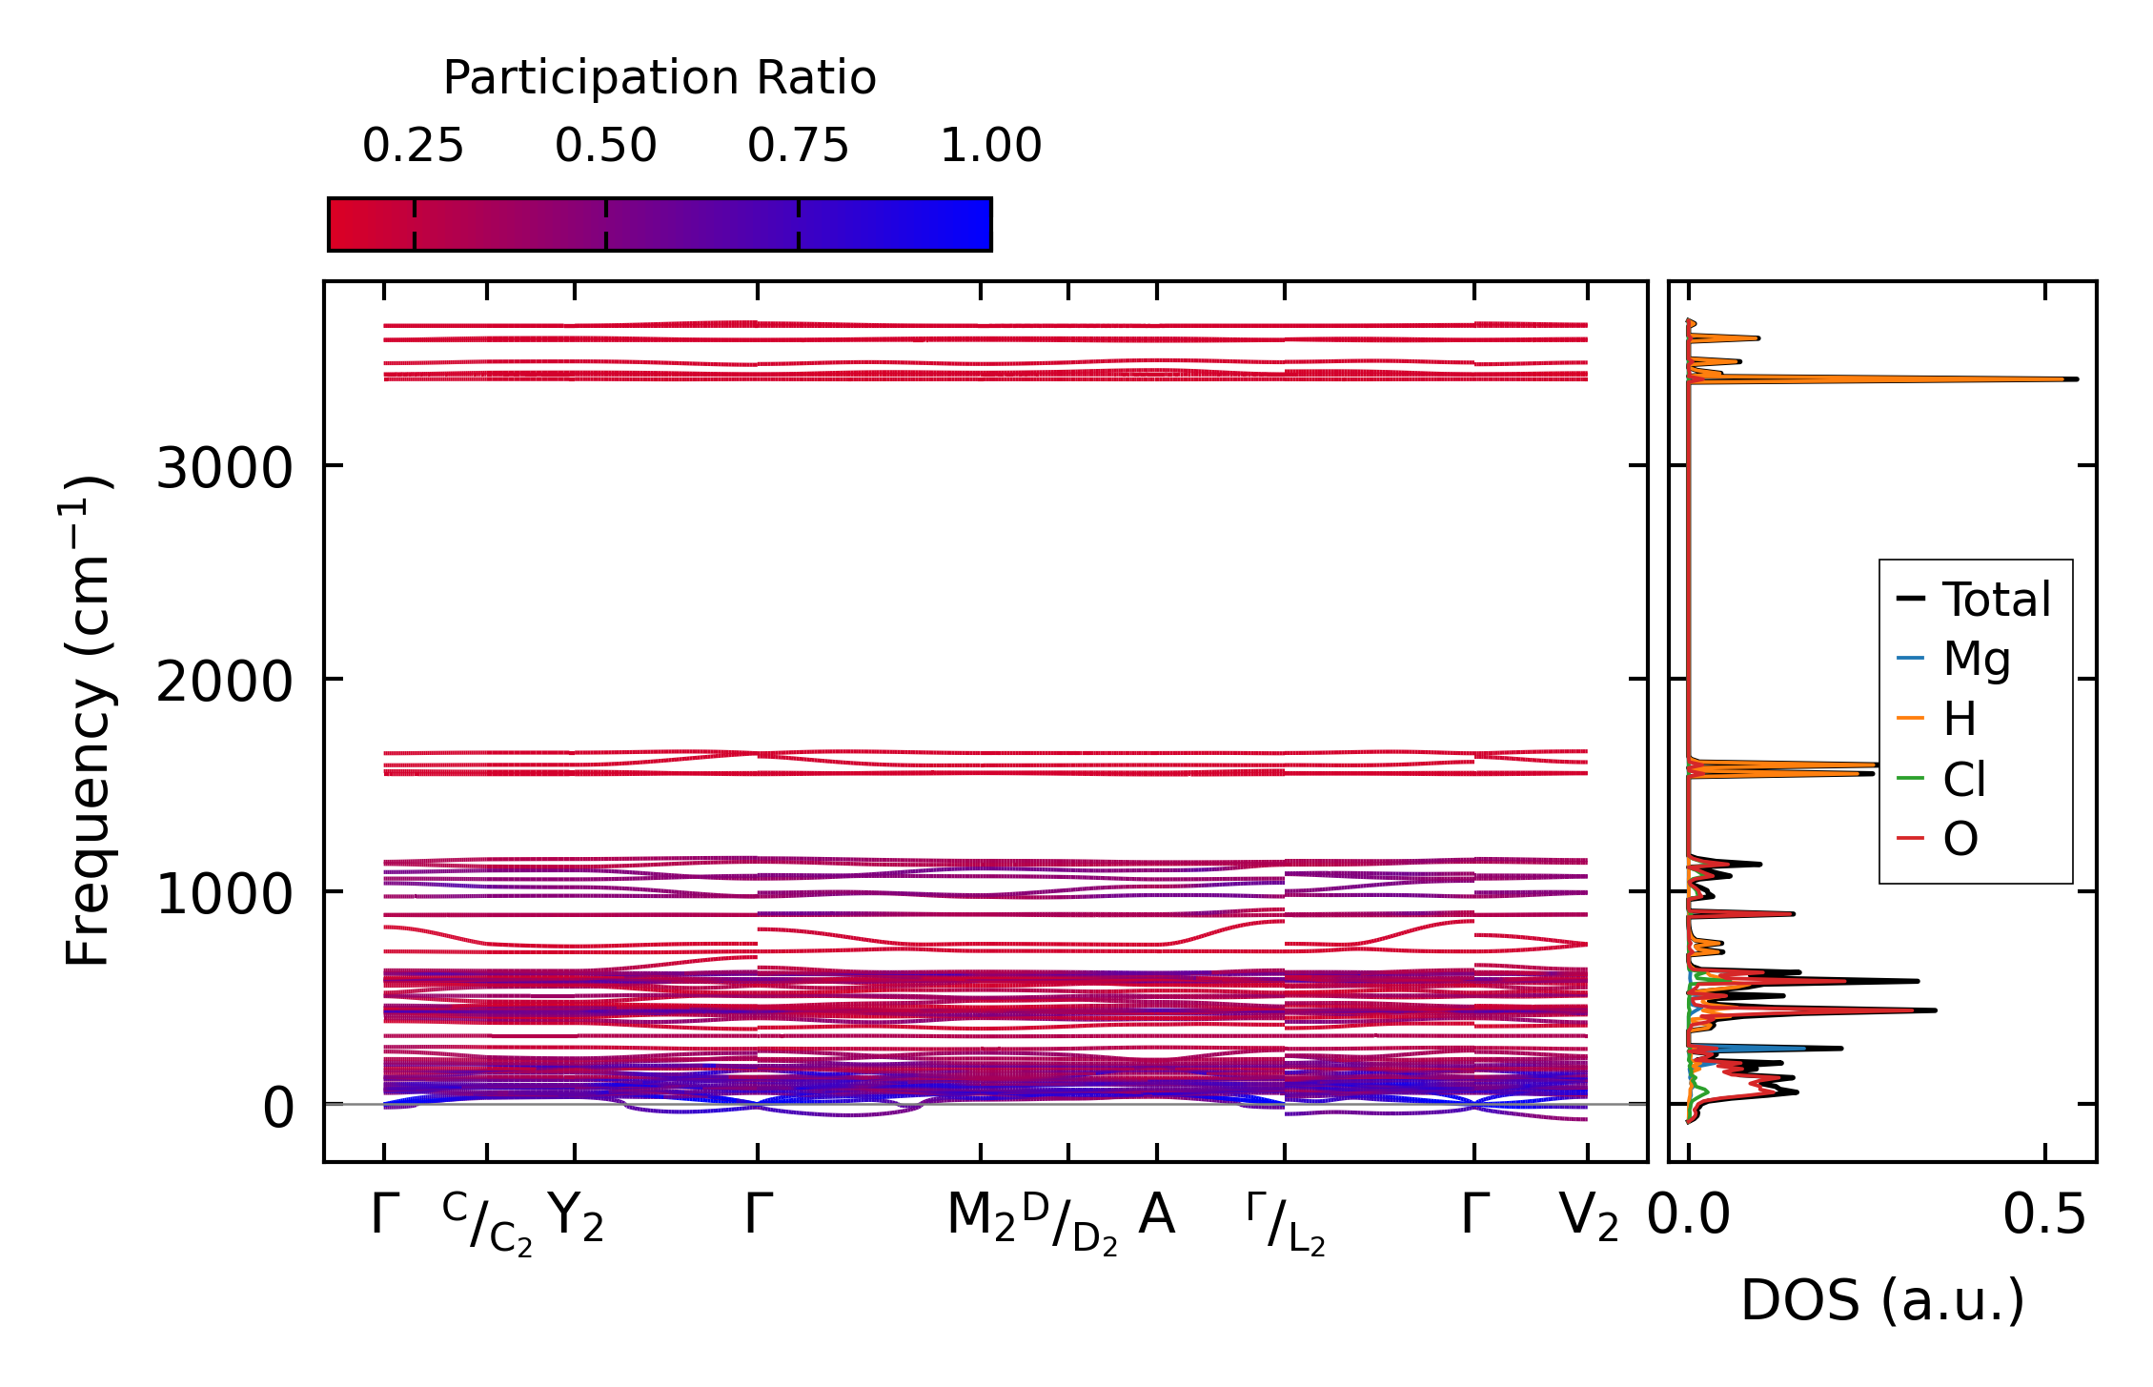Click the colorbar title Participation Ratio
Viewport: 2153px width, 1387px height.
coord(660,78)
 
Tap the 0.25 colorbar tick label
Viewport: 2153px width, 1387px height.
coord(413,146)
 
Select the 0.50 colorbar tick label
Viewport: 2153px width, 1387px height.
coord(605,146)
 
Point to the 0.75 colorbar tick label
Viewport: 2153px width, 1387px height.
coord(798,146)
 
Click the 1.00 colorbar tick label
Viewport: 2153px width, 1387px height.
coord(990,146)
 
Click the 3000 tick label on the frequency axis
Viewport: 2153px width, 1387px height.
coord(224,468)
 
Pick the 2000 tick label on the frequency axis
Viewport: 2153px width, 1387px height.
coord(224,682)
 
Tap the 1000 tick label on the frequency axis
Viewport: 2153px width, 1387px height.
coord(224,894)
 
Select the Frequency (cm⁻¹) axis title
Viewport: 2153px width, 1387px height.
coord(89,721)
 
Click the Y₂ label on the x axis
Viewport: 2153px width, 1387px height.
coord(576,1217)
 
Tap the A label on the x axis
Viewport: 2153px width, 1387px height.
coord(1156,1215)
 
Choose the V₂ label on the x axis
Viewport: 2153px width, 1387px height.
coord(1588,1217)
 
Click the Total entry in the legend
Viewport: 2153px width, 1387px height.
coord(1996,600)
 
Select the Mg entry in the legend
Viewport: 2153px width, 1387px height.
coord(1977,660)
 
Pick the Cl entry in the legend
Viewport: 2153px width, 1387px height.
coord(1963,780)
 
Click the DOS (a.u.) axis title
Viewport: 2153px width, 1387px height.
coord(1882,1300)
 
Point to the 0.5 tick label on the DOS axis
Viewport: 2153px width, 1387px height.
coord(2044,1216)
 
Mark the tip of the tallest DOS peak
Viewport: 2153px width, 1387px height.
coord(2076,379)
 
